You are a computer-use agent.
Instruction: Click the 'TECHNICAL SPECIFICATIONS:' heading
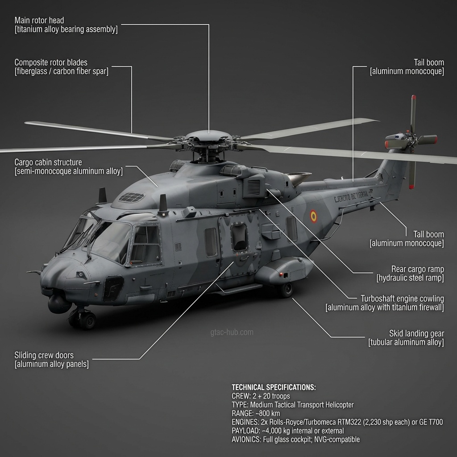point(274,387)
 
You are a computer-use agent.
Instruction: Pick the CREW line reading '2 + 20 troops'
point(261,396)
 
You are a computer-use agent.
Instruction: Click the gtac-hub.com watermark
point(232,332)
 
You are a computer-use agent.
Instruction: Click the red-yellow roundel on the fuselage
point(314,217)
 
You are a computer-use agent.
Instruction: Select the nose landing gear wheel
point(87,320)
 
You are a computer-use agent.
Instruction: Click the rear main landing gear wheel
point(286,290)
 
